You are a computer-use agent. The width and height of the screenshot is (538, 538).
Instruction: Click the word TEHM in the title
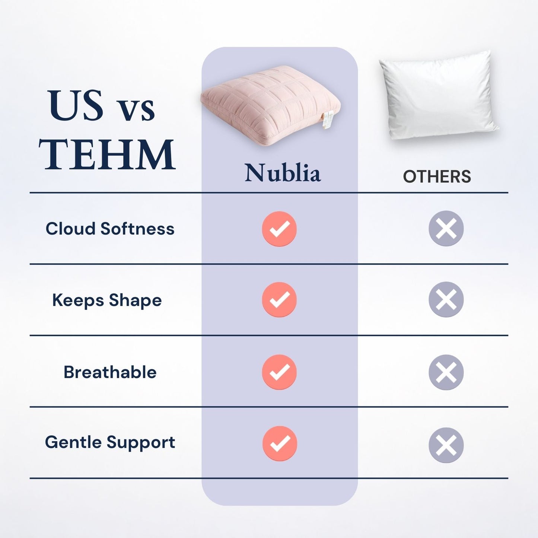[107, 154]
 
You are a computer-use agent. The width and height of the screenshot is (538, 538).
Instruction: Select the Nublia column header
[283, 173]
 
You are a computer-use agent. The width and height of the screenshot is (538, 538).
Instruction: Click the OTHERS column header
[437, 176]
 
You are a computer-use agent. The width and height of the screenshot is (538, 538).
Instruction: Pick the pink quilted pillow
[270, 104]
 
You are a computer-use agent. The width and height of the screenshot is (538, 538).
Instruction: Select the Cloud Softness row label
[110, 229]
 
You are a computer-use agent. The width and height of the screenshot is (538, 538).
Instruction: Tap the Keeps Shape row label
[107, 300]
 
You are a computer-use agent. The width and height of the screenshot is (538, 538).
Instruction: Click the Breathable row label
[110, 372]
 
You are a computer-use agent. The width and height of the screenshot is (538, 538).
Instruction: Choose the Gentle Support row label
[110, 442]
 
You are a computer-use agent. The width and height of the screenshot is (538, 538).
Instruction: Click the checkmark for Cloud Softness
[279, 229]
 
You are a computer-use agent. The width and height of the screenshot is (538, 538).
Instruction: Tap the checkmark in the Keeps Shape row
[279, 300]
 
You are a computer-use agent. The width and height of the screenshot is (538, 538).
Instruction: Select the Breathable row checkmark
[279, 372]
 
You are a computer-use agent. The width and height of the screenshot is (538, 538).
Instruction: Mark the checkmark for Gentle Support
[280, 443]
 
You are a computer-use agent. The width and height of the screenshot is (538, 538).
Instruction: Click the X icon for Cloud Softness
[446, 228]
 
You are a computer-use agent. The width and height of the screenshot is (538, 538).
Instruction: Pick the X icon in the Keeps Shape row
[446, 299]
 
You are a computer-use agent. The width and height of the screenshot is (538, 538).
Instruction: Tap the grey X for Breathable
[446, 372]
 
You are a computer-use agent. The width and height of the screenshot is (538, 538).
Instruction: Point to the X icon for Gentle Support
[446, 445]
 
